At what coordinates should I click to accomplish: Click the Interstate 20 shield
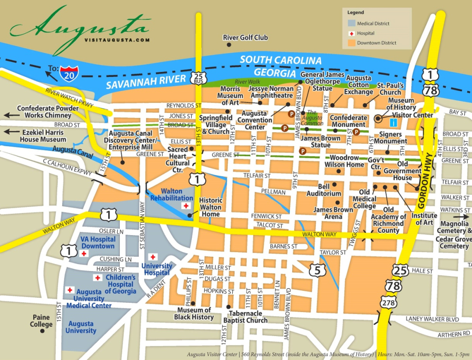point(69,71)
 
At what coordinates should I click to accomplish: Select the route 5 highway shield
point(317,270)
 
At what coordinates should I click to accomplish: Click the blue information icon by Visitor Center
point(393,123)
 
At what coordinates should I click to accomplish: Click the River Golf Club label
point(245,38)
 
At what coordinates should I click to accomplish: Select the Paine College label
point(41,321)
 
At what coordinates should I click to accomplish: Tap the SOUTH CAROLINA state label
point(280,60)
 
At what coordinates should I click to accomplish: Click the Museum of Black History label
point(194,313)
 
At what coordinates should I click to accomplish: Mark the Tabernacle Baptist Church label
point(245,317)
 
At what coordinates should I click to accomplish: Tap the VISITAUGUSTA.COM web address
point(117,40)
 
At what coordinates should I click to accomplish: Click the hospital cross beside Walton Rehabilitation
point(186,206)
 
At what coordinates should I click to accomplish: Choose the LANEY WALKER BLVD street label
point(432,319)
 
